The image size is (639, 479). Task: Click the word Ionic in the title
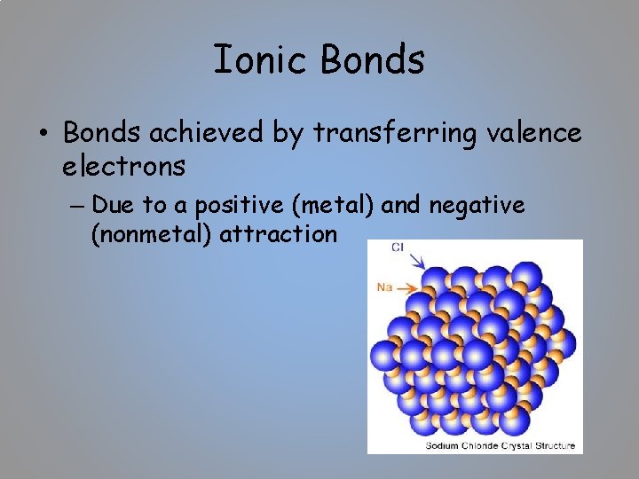click(262, 60)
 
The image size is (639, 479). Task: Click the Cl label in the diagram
click(398, 247)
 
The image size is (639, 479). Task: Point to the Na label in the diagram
click(383, 287)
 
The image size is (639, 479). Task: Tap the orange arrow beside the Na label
click(406, 287)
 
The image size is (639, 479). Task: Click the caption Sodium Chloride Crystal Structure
click(501, 445)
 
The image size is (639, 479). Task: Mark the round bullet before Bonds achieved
click(43, 135)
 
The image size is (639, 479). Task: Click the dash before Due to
click(75, 207)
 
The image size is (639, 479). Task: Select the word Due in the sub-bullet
click(110, 206)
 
